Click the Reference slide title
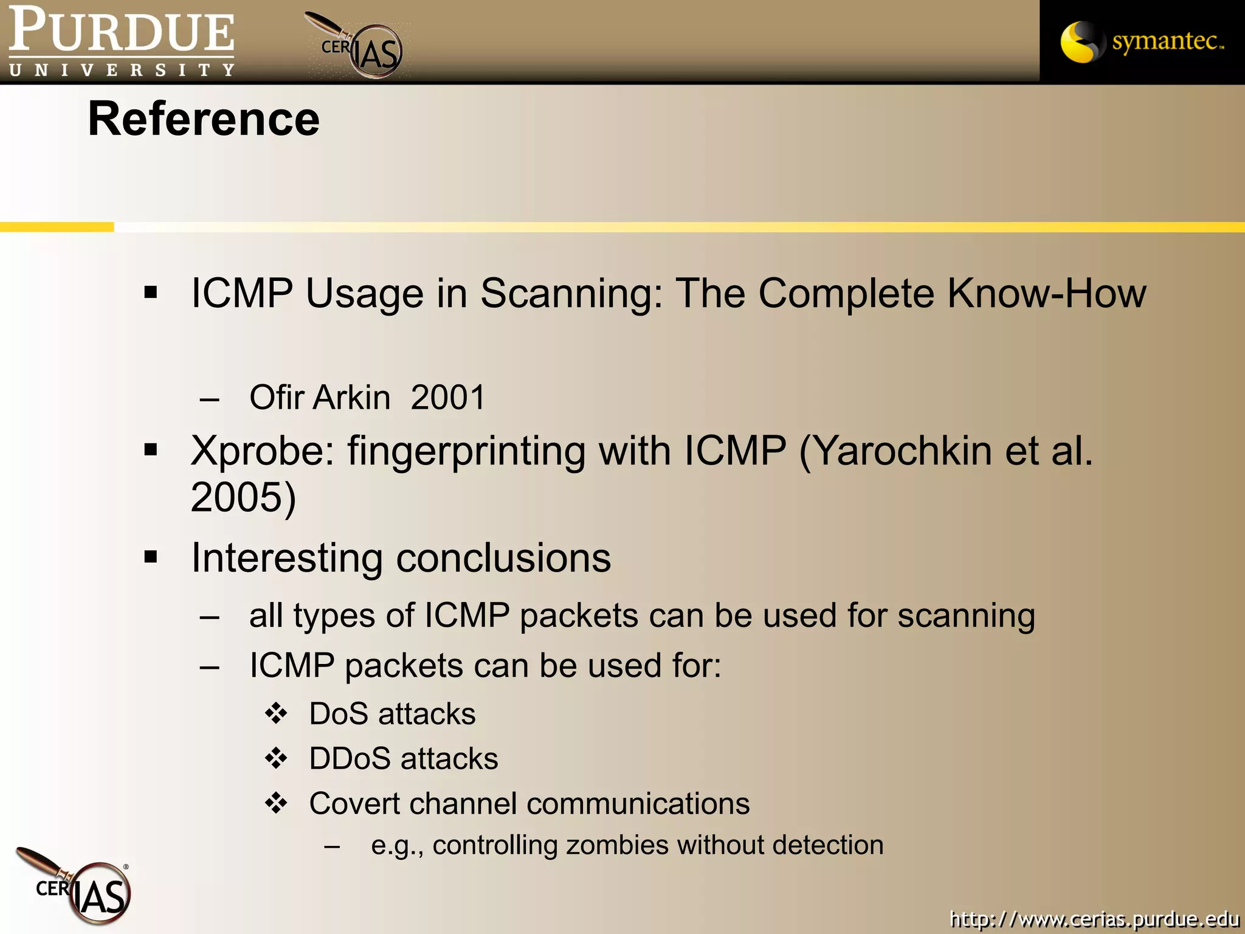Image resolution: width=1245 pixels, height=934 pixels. tap(204, 119)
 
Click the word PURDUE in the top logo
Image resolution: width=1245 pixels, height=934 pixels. tap(122, 30)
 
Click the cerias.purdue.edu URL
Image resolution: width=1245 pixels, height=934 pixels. tap(1094, 918)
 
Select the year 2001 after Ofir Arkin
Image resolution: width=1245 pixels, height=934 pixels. tap(448, 398)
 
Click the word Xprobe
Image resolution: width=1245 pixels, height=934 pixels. tap(261, 452)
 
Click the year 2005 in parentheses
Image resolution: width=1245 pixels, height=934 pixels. tap(237, 497)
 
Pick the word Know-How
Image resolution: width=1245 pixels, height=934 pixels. tap(1046, 294)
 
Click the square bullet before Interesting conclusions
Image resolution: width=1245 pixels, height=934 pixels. tap(151, 557)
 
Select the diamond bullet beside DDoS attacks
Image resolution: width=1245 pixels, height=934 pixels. tap(277, 758)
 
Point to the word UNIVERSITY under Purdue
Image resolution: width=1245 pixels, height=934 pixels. tap(122, 70)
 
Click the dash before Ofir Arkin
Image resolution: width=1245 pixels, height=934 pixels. tap(210, 400)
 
